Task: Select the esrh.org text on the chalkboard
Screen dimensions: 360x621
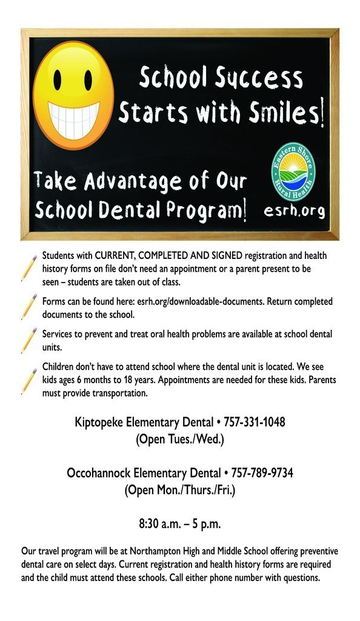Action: tap(295, 211)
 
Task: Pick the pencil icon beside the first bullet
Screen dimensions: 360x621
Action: tap(28, 267)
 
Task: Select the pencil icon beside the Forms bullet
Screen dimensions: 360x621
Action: tap(28, 306)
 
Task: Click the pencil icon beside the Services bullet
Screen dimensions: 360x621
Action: tap(28, 340)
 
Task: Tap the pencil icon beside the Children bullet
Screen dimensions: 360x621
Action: tap(28, 380)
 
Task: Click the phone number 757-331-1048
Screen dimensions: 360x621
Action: tap(255, 421)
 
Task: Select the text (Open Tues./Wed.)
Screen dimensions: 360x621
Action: tap(180, 438)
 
